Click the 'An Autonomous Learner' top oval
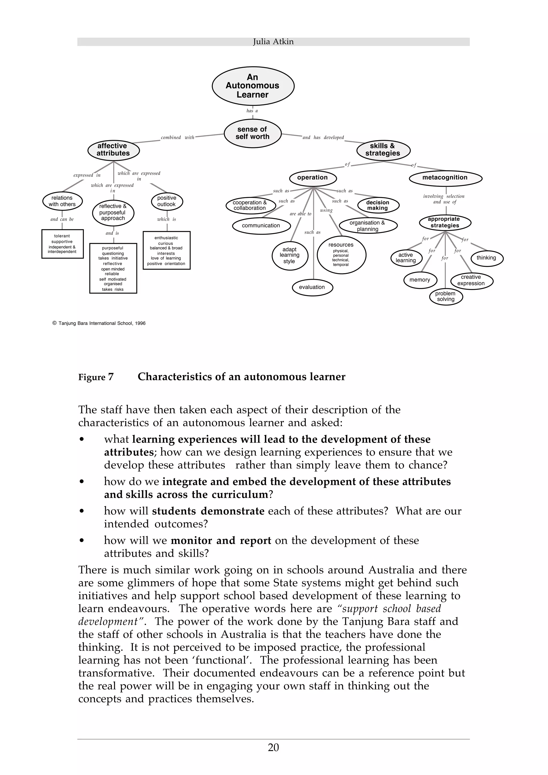[253, 86]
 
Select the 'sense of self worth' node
[253, 133]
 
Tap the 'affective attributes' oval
[113, 149]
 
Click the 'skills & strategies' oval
[383, 149]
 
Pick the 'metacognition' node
[445, 178]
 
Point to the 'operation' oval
[312, 178]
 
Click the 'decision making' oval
[378, 205]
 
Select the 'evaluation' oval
[312, 287]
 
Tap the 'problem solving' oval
[446, 296]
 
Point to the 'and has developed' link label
[323, 137]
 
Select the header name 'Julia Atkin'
[273, 41]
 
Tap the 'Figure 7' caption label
[96, 377]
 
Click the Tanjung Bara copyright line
[99, 323]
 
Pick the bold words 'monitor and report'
[221, 540]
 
